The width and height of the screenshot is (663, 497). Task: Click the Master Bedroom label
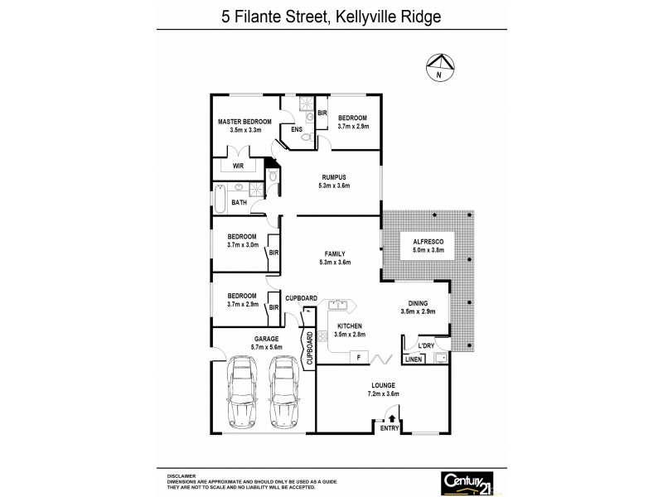[244, 122]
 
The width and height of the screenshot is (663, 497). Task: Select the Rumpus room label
[335, 177]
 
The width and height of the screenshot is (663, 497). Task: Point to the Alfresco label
[418, 240]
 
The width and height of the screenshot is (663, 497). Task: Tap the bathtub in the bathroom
[220, 198]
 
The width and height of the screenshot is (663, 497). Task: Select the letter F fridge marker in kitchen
[357, 356]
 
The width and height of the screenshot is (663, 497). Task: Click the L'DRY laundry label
[426, 345]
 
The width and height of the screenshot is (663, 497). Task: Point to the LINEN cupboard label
[414, 359]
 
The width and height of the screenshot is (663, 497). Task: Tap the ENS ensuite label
[296, 129]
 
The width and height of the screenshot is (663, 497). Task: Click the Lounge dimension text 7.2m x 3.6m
[383, 394]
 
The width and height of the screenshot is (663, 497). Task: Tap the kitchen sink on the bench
[336, 304]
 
